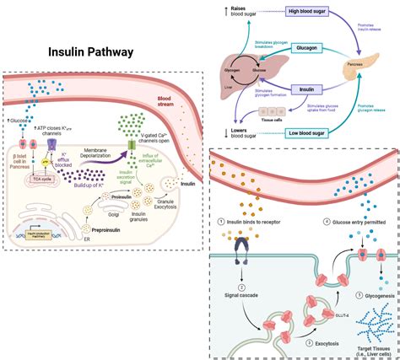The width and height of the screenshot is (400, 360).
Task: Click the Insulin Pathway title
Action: coord(89,52)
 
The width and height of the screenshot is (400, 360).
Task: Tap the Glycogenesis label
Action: coord(375,296)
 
